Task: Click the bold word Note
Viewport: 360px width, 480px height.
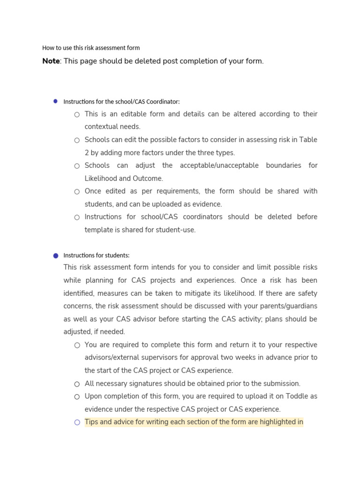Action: (51, 61)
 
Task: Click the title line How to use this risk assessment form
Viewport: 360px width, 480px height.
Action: (91, 48)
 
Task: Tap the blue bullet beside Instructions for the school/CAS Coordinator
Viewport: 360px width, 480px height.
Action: (55, 101)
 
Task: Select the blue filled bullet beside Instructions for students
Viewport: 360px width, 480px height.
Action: (55, 255)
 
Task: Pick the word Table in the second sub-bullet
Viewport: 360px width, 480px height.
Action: (308, 140)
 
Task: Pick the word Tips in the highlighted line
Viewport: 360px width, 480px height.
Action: (91, 422)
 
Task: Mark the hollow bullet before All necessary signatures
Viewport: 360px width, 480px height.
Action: (77, 384)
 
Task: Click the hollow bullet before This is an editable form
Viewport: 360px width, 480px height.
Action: (77, 114)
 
